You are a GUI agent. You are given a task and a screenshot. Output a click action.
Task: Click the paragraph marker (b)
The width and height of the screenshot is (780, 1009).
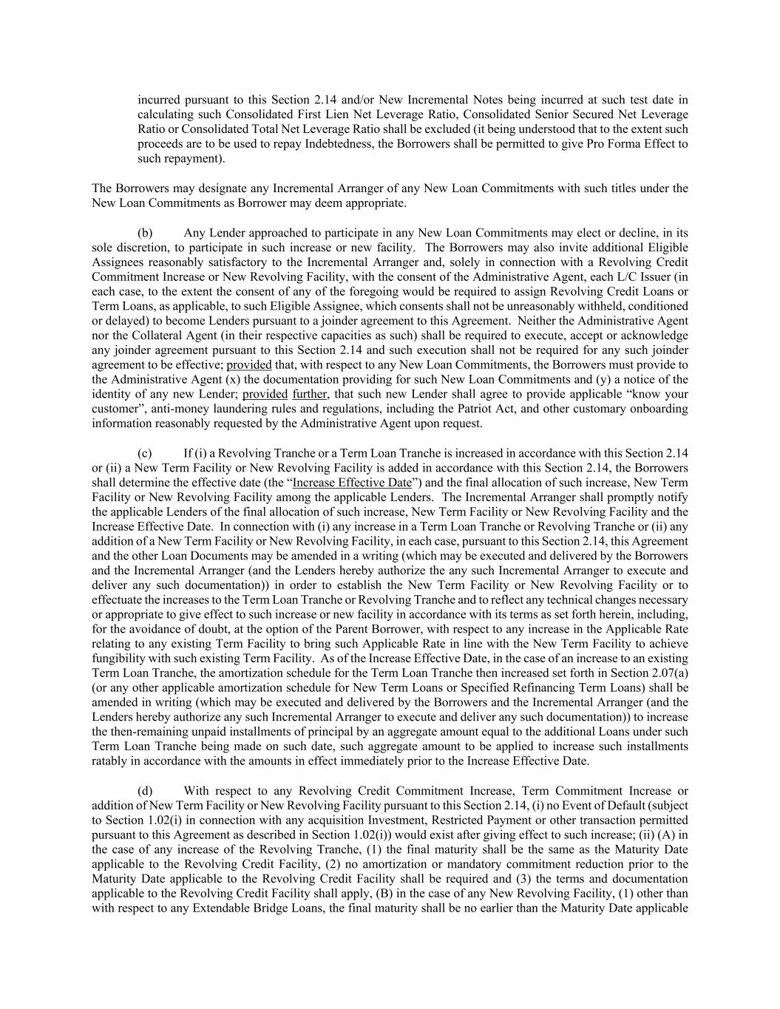(x=145, y=233)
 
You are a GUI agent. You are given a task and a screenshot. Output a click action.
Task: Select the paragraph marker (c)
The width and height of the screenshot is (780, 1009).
(x=145, y=453)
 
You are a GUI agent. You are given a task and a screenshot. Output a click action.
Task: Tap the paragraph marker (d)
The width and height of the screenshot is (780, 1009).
(x=145, y=791)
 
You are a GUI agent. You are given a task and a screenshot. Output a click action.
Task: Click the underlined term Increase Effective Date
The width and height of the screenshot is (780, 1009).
(x=352, y=483)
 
